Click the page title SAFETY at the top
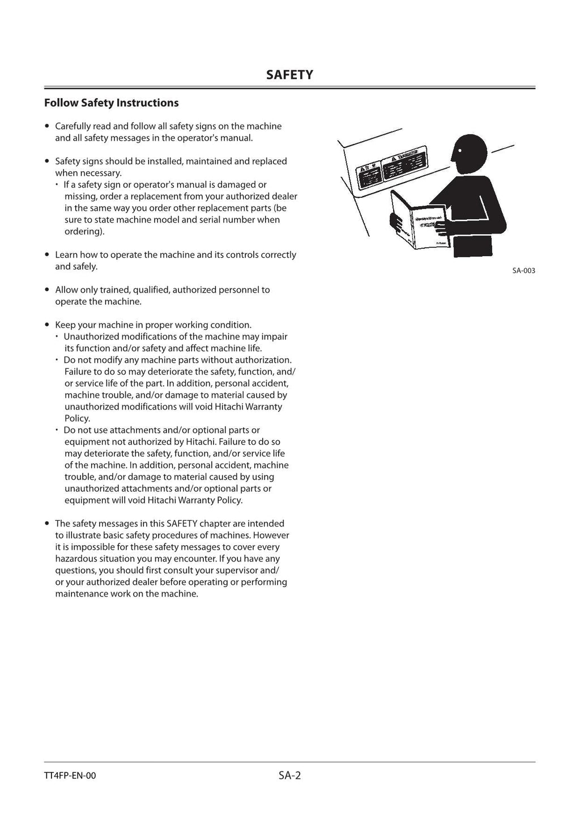(289, 75)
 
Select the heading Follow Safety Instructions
(112, 103)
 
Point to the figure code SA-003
(523, 271)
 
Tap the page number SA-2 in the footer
(289, 775)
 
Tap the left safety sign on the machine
(368, 176)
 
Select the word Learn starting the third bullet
(66, 255)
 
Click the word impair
(274, 337)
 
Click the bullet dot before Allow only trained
(48, 290)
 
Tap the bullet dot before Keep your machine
(48, 325)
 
